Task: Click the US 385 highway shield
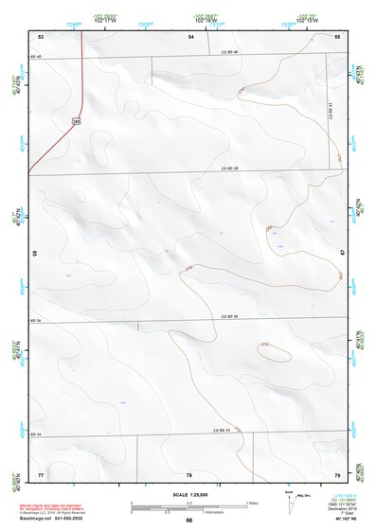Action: coord(75,121)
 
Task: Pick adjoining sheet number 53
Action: coord(41,35)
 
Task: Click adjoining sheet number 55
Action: coord(338,35)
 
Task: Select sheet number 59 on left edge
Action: coord(35,254)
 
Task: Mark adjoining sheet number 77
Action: coord(41,472)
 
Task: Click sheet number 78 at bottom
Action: coord(189,472)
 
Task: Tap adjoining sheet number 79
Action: coord(337,472)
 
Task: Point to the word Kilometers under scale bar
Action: coord(189,510)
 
